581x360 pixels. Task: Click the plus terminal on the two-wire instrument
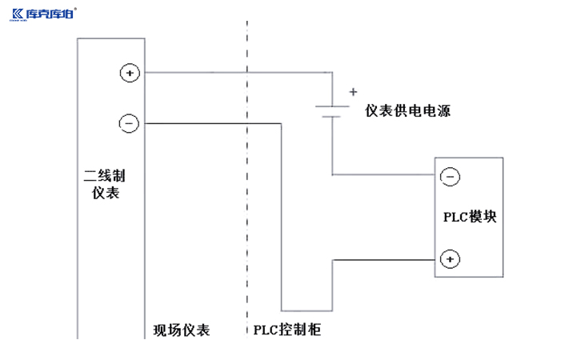pyautogui.click(x=129, y=73)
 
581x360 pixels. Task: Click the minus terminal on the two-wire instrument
pyautogui.click(x=129, y=123)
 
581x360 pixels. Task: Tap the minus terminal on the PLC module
pyautogui.click(x=450, y=176)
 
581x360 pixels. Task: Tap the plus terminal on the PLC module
pyautogui.click(x=450, y=259)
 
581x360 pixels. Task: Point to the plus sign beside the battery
pyautogui.click(x=353, y=92)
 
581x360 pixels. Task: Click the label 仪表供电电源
pyautogui.click(x=407, y=112)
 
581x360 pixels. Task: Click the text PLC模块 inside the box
pyautogui.click(x=470, y=217)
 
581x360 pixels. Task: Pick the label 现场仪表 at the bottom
pyautogui.click(x=182, y=330)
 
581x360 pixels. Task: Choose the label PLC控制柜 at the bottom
pyautogui.click(x=286, y=330)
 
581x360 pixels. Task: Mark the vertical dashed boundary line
pyautogui.click(x=246, y=200)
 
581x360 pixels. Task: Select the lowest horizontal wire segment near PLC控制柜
pyautogui.click(x=307, y=310)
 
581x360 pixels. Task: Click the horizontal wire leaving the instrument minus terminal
pyautogui.click(x=208, y=123)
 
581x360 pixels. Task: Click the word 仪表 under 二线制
pyautogui.click(x=106, y=192)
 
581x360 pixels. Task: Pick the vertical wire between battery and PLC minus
pyautogui.click(x=332, y=148)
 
